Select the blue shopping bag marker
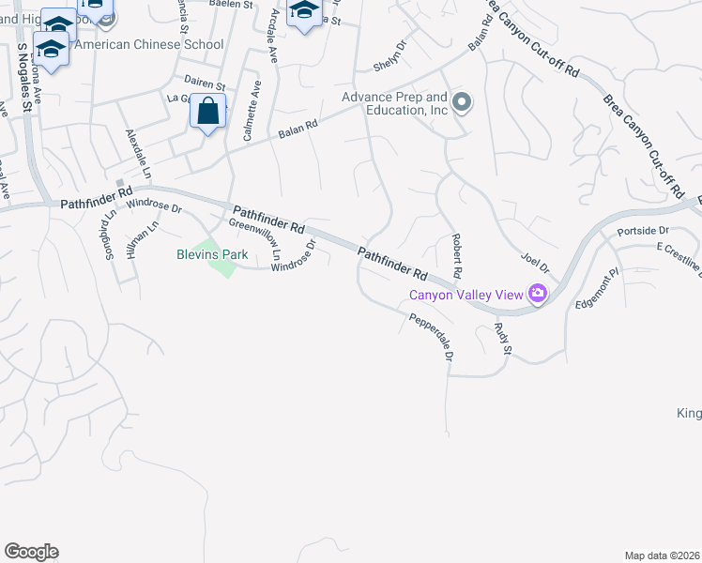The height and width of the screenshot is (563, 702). pyautogui.click(x=207, y=113)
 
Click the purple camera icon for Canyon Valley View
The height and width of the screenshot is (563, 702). pyautogui.click(x=537, y=294)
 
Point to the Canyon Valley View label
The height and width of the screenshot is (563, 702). pyautogui.click(x=465, y=295)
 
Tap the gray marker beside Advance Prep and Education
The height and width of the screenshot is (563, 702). pyautogui.click(x=461, y=102)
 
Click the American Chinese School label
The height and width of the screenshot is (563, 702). pyautogui.click(x=148, y=44)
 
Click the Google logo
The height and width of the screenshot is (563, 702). pyautogui.click(x=31, y=552)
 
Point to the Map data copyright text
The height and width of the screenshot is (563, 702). pyautogui.click(x=662, y=555)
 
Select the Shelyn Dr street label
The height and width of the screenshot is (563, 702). pyautogui.click(x=389, y=59)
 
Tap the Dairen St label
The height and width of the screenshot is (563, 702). pyautogui.click(x=206, y=85)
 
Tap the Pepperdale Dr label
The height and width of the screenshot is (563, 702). pyautogui.click(x=433, y=338)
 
